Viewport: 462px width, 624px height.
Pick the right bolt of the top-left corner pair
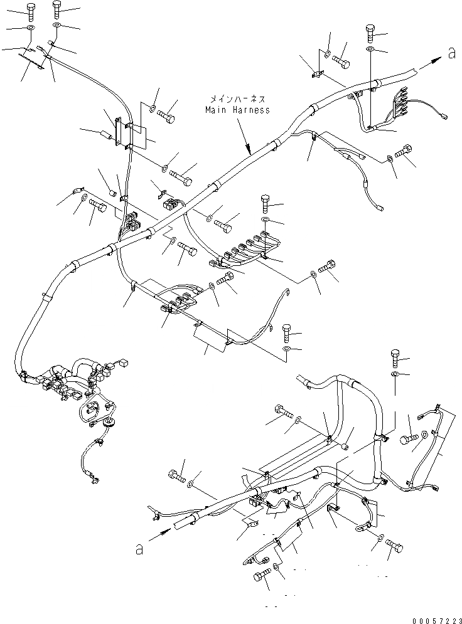click(x=57, y=9)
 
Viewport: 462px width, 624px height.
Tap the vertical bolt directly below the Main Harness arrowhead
click(x=265, y=204)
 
